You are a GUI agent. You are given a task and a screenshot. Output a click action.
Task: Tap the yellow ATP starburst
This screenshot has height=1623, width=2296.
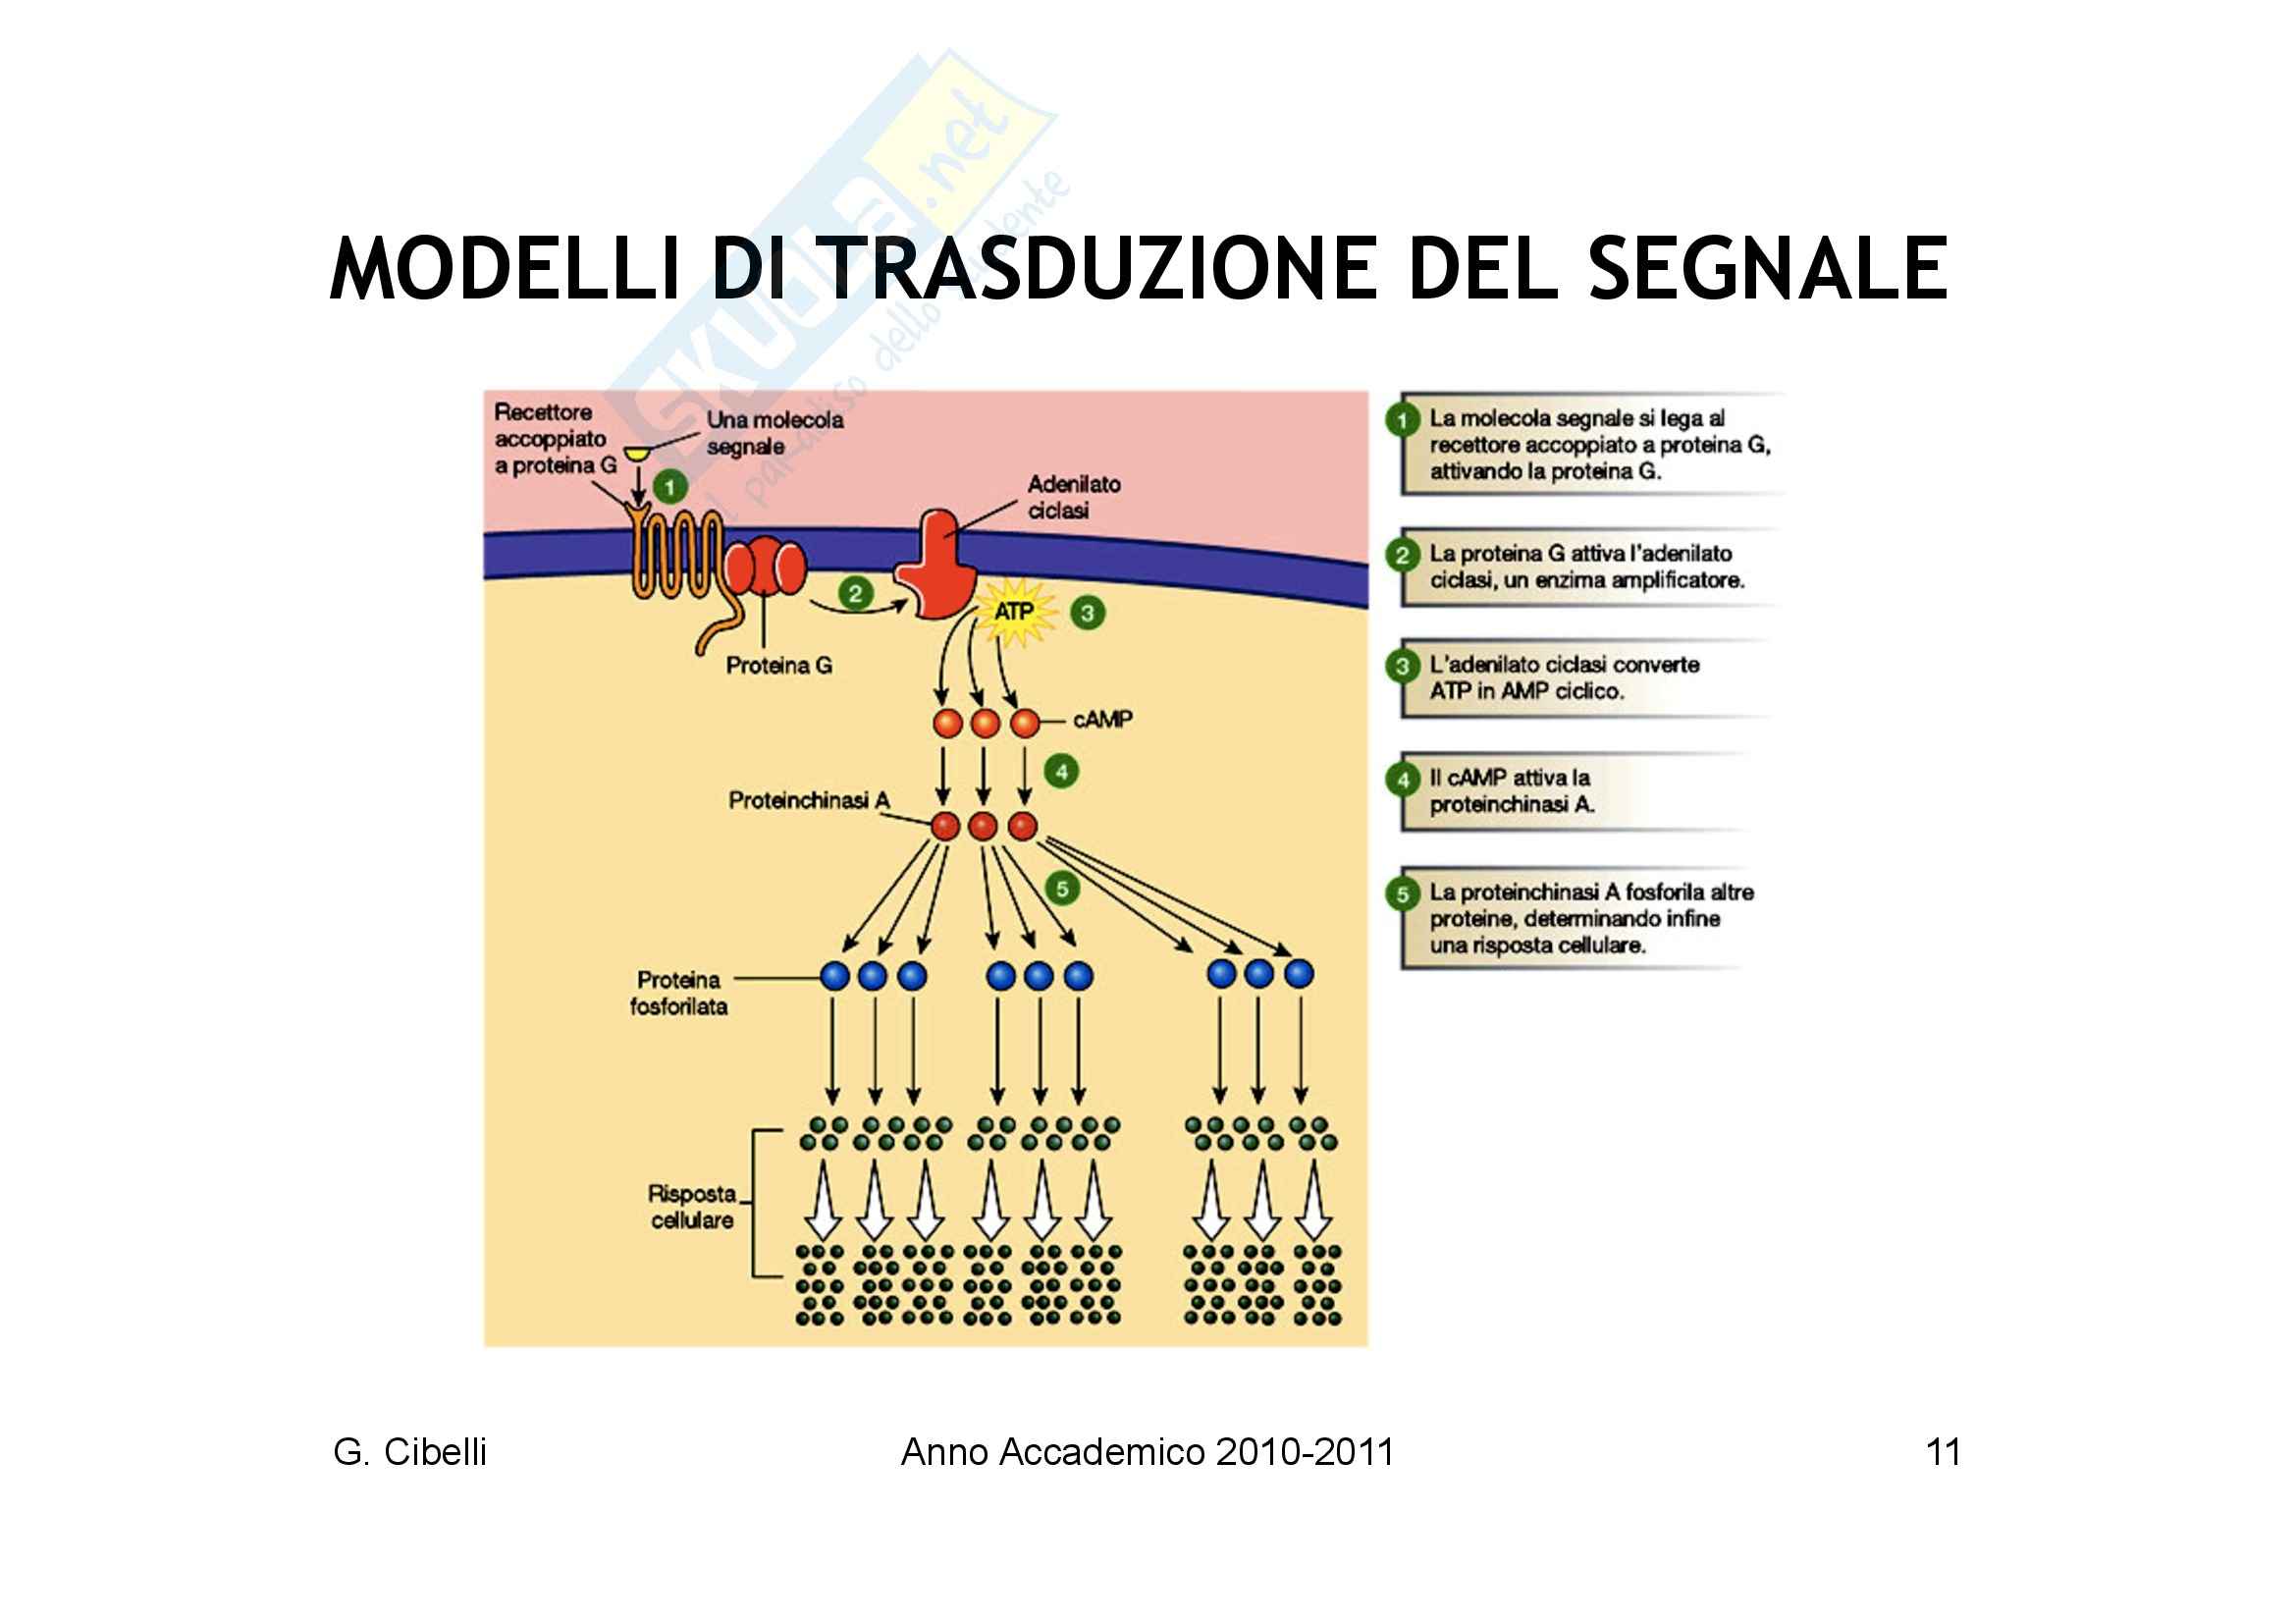click(1014, 611)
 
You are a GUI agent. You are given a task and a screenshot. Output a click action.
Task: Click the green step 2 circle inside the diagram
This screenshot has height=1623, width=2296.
click(855, 594)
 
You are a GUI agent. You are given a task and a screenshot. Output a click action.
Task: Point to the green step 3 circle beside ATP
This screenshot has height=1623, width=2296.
click(1087, 613)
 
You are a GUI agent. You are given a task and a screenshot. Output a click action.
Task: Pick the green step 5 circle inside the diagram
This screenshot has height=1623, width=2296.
click(1062, 888)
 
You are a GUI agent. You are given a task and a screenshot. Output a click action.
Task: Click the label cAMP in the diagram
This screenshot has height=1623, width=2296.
click(1102, 719)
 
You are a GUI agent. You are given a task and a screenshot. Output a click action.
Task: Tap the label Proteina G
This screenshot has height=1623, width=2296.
click(779, 665)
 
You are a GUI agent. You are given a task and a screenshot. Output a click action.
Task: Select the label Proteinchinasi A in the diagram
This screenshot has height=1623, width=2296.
click(808, 800)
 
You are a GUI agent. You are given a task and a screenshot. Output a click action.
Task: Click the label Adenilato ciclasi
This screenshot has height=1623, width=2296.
click(1073, 497)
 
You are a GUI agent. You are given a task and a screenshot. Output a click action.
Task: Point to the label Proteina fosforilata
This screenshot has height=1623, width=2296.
click(678, 993)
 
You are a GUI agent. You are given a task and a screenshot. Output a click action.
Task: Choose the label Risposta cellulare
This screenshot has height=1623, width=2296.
click(692, 1206)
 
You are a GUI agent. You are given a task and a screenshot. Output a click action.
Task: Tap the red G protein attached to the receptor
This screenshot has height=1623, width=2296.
click(765, 567)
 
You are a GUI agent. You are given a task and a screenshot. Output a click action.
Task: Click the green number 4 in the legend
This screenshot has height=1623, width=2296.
click(1402, 780)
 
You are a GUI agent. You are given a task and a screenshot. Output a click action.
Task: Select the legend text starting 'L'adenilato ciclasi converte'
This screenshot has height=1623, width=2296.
click(1563, 677)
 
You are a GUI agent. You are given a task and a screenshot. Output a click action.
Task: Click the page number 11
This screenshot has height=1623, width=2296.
click(1942, 1452)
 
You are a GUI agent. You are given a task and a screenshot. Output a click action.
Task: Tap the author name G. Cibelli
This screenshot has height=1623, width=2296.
click(410, 1452)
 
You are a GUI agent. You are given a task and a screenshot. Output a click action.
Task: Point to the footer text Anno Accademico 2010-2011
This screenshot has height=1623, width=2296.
click(1147, 1452)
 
